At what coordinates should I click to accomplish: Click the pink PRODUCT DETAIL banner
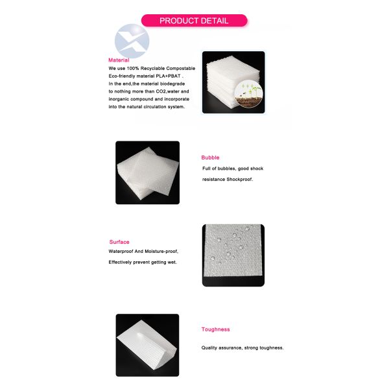click(194, 20)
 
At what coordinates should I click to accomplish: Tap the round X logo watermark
click(132, 41)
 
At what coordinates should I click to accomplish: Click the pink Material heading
click(119, 60)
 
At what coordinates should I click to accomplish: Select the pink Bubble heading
click(210, 158)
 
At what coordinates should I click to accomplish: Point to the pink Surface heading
click(119, 242)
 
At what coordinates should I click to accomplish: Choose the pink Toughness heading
click(216, 329)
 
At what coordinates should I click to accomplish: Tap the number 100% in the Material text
click(133, 68)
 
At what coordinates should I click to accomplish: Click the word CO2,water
click(167, 91)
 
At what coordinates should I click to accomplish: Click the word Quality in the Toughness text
click(209, 348)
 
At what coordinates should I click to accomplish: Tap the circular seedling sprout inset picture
click(248, 95)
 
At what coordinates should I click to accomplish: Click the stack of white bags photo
click(233, 82)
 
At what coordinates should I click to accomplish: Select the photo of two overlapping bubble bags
click(148, 172)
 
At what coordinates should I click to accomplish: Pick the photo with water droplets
click(233, 255)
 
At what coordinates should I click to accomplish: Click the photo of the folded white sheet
click(147, 345)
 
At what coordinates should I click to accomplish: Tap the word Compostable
click(181, 68)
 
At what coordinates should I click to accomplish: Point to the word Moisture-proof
click(161, 252)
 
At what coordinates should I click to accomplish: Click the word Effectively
click(120, 262)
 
